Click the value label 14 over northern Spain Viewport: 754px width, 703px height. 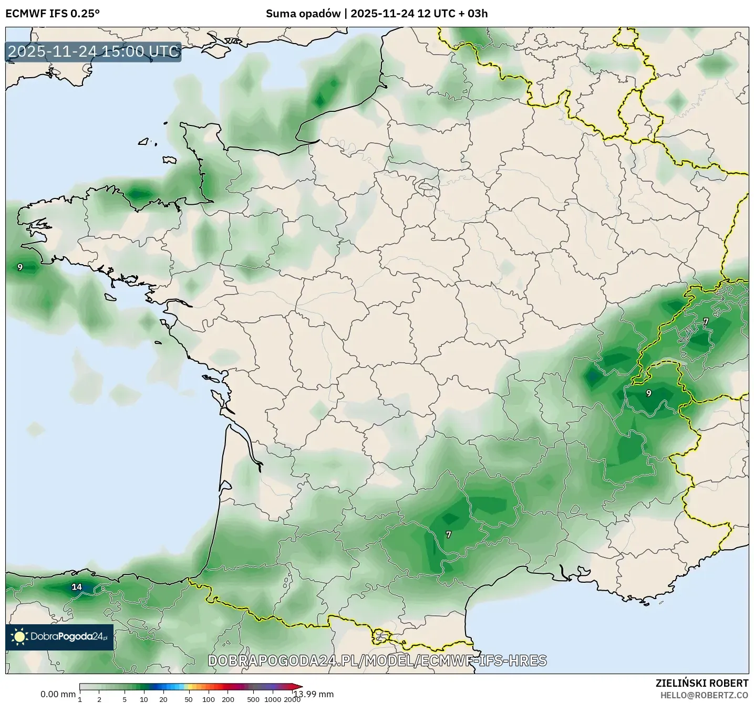pos(77,587)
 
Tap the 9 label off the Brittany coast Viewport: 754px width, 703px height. pos(20,267)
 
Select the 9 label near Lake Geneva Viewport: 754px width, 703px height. pos(648,393)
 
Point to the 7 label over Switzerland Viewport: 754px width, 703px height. pos(706,321)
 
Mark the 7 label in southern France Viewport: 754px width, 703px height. pos(448,534)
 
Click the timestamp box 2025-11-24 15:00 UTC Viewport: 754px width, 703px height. pos(94,51)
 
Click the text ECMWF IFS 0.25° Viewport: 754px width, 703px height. pos(53,14)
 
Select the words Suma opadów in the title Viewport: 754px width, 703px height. pos(303,14)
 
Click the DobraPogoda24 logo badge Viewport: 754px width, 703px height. pos(59,637)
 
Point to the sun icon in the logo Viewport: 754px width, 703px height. pos(19,637)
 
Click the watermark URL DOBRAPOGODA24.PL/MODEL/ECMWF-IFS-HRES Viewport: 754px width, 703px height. pos(377,660)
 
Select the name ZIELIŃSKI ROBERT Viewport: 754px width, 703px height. pos(702,683)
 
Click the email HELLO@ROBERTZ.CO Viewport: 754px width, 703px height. pos(704,695)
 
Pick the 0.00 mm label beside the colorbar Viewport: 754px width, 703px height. pos(58,694)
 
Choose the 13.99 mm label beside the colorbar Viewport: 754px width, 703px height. pos(313,694)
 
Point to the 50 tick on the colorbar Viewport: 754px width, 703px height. pos(189,699)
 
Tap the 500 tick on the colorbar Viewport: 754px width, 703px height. pos(253,699)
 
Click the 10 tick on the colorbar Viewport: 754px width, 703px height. pos(144,699)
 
